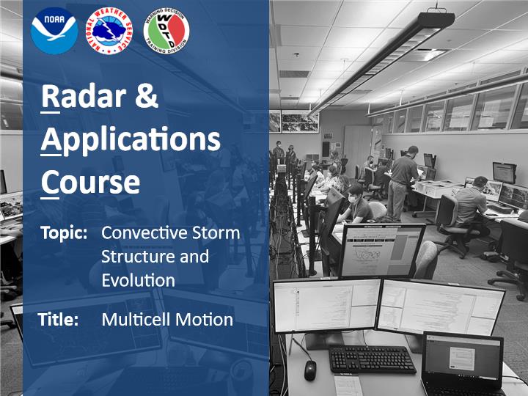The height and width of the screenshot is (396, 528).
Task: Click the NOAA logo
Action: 54,31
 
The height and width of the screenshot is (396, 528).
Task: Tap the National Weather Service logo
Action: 109,32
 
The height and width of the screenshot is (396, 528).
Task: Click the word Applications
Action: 131,141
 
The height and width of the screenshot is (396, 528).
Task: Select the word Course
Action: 90,182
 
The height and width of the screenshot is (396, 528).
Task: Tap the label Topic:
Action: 64,233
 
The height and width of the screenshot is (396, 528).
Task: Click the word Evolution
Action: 138,280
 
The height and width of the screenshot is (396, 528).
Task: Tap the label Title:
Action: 58,319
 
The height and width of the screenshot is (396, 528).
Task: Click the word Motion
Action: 205,320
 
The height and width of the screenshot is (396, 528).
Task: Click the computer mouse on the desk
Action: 310,370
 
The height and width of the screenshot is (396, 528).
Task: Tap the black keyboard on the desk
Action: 372,359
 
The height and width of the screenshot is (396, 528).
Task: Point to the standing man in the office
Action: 402,182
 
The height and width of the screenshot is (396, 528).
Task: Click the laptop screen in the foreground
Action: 462,359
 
